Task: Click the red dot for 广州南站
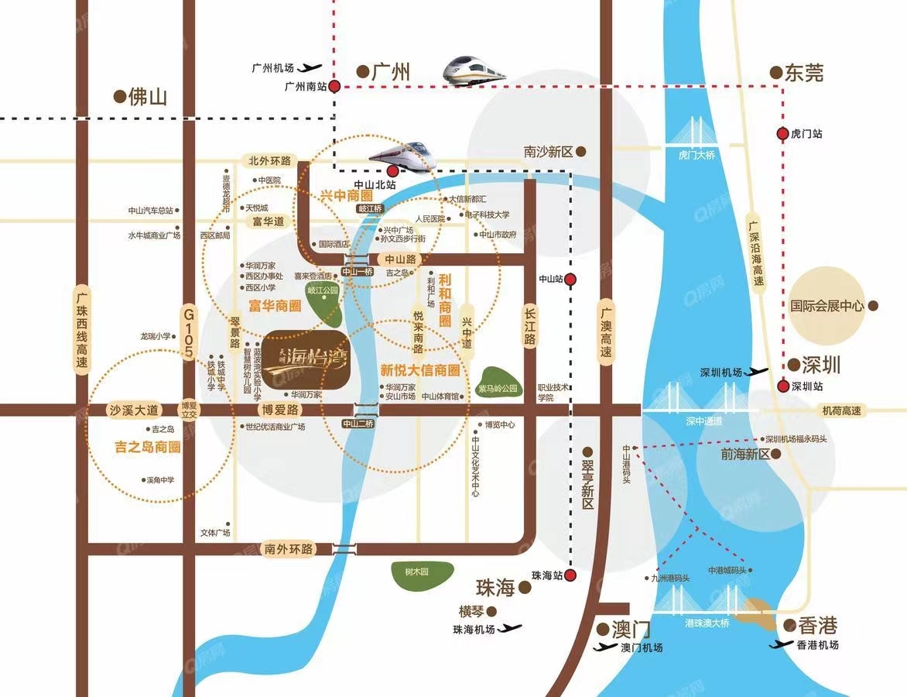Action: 334,87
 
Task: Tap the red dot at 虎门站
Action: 782,134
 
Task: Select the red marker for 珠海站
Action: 570,575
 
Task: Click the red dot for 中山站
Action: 570,279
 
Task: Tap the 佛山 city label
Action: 147,97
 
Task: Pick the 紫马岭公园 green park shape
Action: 499,383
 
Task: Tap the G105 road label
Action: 187,332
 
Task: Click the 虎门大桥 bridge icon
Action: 693,139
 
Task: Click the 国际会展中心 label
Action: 827,306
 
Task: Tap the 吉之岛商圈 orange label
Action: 147,447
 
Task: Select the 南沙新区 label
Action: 547,152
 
